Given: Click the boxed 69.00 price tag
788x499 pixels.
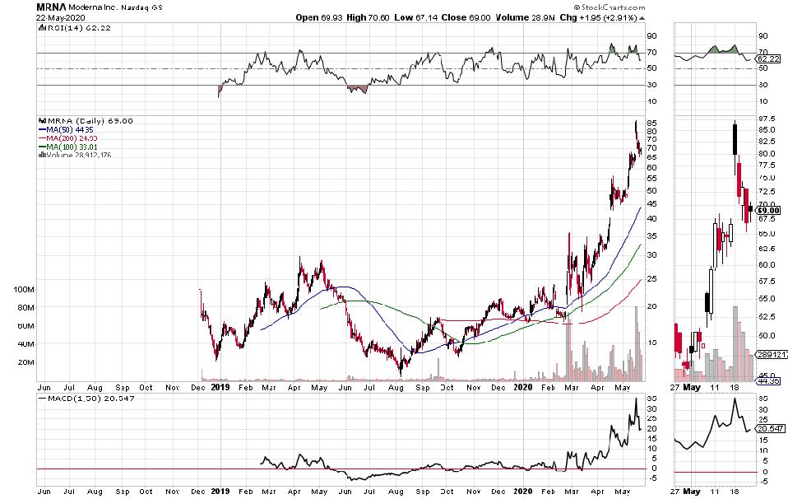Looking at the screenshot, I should coord(769,210).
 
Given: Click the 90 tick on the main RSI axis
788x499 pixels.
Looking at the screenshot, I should coord(651,36).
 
